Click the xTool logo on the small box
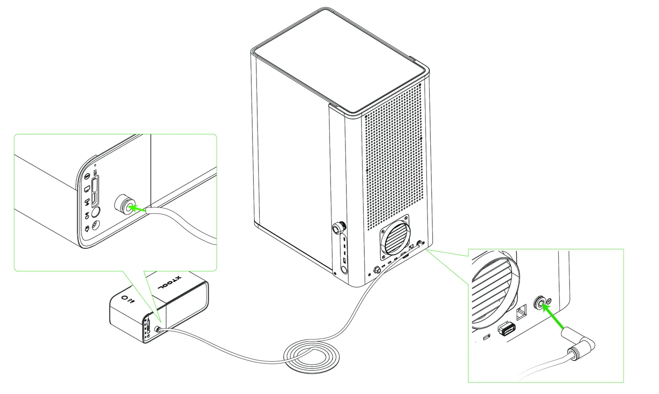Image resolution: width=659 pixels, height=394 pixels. tap(170, 283)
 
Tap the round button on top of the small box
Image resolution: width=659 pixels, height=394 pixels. tap(124, 298)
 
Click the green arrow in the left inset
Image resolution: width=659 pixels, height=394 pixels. tap(137, 208)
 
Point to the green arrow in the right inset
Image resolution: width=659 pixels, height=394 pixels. tap(553, 316)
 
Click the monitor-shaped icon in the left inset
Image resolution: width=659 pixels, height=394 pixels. tap(87, 189)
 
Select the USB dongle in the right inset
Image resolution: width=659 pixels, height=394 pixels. tap(506, 328)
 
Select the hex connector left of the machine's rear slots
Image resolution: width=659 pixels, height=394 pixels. tap(377, 269)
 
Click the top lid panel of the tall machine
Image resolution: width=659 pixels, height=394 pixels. tap(340, 59)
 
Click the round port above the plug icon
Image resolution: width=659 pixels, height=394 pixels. tap(96, 212)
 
